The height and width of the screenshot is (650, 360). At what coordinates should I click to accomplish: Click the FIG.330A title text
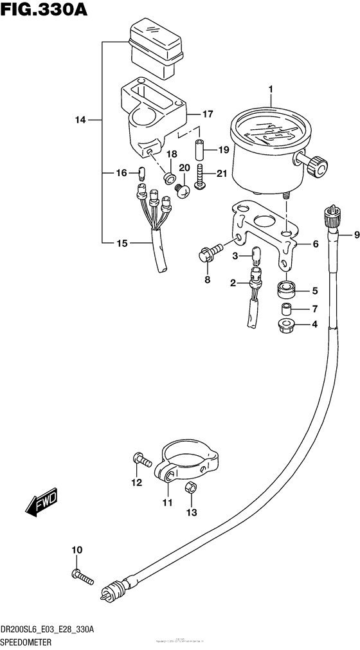tap(44, 11)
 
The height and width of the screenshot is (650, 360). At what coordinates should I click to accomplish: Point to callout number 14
tap(80, 120)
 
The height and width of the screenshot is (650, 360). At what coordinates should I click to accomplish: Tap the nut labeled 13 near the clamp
tap(190, 489)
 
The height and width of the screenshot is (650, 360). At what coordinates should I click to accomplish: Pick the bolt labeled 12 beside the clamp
tap(141, 459)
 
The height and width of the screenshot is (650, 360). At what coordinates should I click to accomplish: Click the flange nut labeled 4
tap(285, 325)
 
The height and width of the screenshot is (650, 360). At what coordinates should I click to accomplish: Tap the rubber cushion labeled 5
tap(285, 289)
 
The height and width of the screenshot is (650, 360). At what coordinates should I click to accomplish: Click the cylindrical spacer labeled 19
tap(200, 150)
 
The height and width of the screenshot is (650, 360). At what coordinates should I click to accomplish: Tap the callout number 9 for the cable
tap(348, 235)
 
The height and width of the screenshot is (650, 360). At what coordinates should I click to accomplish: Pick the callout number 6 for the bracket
tap(316, 244)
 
